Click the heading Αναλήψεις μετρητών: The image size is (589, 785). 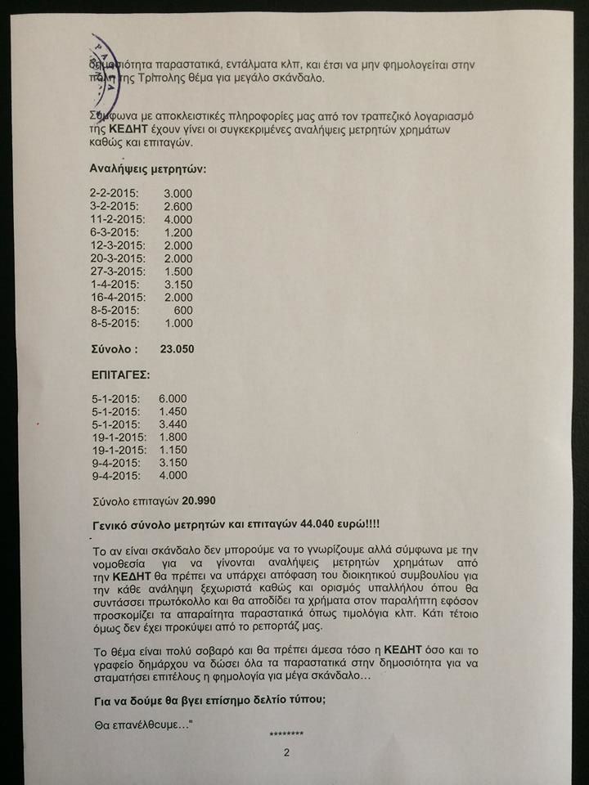point(147,170)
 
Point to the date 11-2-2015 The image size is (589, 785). point(118,219)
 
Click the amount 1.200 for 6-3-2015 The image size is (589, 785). point(178,232)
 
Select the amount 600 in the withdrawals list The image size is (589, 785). point(184,311)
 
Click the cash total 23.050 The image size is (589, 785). point(176,349)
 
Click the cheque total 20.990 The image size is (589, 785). point(199,500)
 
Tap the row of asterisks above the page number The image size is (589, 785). point(286,735)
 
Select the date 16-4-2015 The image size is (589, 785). point(118,298)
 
